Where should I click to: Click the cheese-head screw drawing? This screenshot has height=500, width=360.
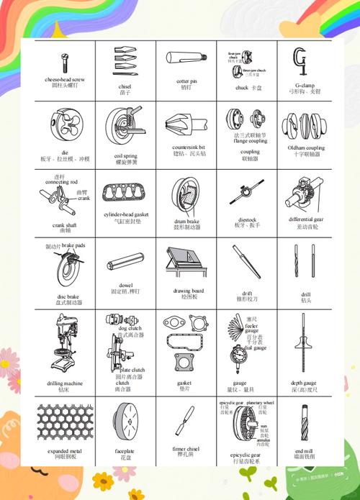pos(64,62)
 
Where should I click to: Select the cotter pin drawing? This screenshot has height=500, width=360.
pos(186,59)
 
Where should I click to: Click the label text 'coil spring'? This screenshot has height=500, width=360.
pos(125,155)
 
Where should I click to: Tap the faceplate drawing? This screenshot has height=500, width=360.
pos(125,421)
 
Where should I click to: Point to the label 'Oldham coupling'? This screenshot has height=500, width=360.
pos(306,148)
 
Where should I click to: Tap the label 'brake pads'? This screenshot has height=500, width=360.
pos(73,245)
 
